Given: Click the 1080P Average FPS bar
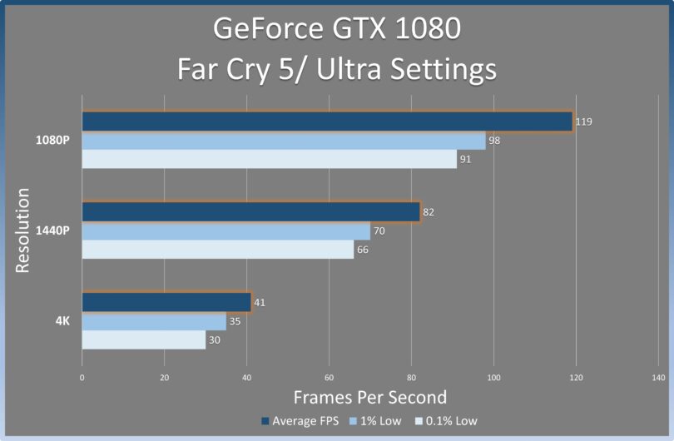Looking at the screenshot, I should (327, 121).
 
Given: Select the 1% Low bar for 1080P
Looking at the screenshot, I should (283, 141).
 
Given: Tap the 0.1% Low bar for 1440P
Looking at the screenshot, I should (217, 250).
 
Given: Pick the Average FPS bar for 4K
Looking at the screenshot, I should (166, 302).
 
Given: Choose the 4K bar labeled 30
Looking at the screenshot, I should (143, 339).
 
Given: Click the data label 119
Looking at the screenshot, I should (584, 122).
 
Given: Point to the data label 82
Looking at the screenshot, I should (429, 212).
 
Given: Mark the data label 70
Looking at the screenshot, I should (379, 231).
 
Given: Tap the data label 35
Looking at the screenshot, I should (235, 321).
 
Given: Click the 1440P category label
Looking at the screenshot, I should (53, 230).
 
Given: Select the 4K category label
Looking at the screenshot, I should (62, 320).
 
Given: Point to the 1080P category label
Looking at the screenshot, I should (53, 140).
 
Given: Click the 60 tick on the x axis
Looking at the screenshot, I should (329, 378).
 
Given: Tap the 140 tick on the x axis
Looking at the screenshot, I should (658, 378).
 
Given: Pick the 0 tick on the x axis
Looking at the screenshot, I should (82, 378).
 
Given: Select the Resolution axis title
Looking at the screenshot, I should (23, 230).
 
